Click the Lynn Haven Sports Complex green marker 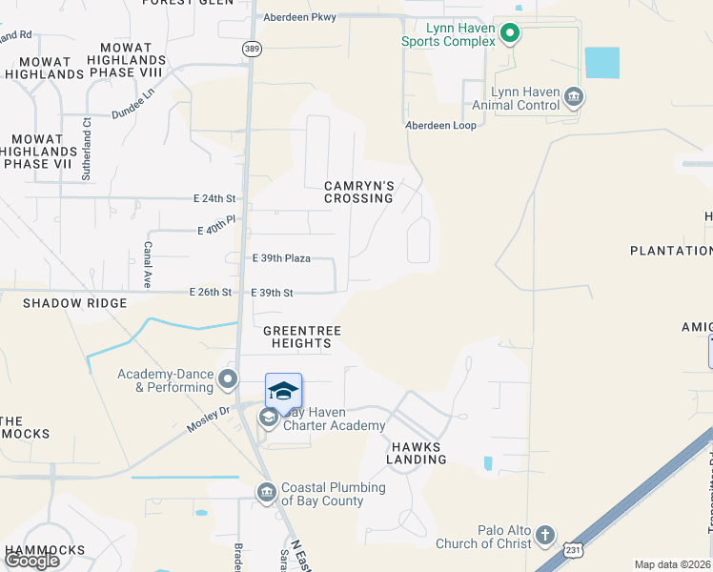pos(510,35)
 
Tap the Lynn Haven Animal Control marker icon pos(574,95)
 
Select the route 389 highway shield pos(252,49)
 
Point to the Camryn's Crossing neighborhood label pos(358,192)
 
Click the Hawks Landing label pos(417,453)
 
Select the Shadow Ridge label pos(75,303)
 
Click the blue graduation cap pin pos(283,391)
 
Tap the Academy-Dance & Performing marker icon pos(227,380)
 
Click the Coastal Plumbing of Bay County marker pos(267,492)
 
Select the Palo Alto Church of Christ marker pos(544,534)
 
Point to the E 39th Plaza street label pos(281,258)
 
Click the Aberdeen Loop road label pos(440,125)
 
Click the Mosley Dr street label pos(209,419)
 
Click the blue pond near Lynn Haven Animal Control pos(601,63)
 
